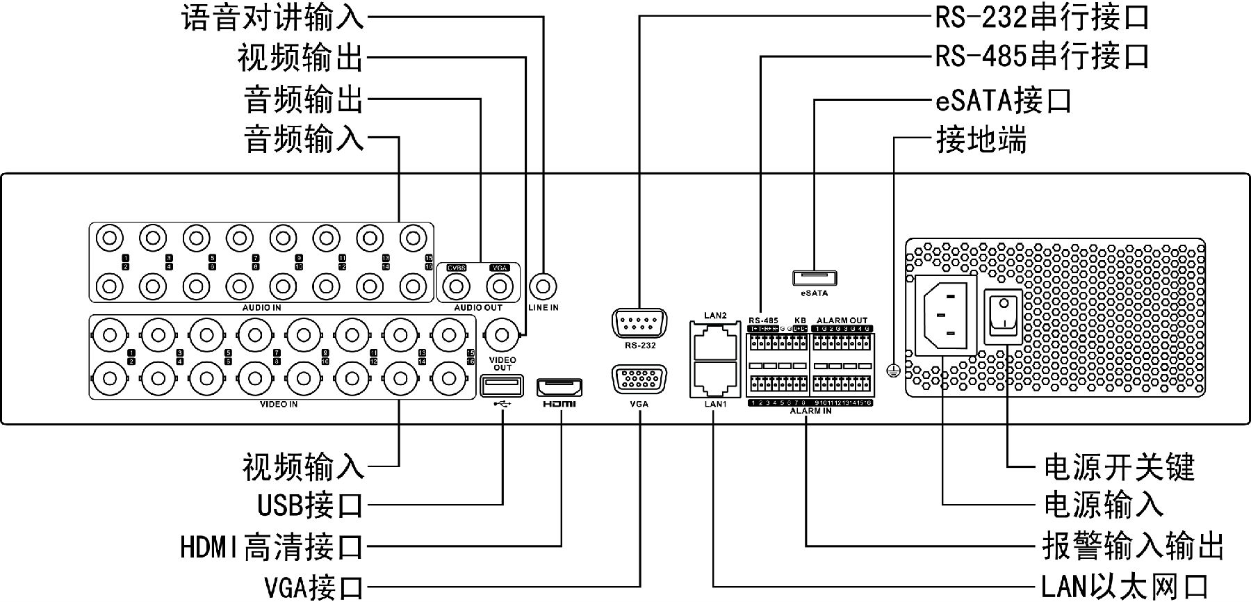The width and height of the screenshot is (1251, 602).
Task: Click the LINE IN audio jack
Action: click(543, 285)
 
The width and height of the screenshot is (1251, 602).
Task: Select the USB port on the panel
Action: click(501, 386)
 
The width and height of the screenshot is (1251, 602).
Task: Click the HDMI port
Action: click(559, 388)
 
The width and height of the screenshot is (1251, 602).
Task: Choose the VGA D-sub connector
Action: click(639, 380)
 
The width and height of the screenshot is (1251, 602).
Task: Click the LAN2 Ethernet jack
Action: click(714, 341)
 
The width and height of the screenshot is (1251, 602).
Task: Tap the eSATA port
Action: click(814, 278)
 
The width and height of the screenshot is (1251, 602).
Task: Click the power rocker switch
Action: click(1004, 316)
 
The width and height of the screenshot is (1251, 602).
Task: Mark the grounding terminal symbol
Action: click(893, 371)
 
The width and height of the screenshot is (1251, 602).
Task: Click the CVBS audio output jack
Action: click(457, 286)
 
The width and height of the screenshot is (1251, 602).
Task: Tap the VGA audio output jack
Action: click(499, 286)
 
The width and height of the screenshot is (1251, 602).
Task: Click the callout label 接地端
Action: click(981, 140)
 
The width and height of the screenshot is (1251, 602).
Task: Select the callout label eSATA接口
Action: click(1003, 100)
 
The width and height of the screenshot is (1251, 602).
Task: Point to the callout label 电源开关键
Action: click(1118, 467)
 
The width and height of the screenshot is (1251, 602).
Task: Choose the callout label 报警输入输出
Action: click(1133, 546)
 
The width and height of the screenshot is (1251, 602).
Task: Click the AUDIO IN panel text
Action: click(261, 307)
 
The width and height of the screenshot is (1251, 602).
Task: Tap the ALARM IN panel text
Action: click(810, 412)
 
